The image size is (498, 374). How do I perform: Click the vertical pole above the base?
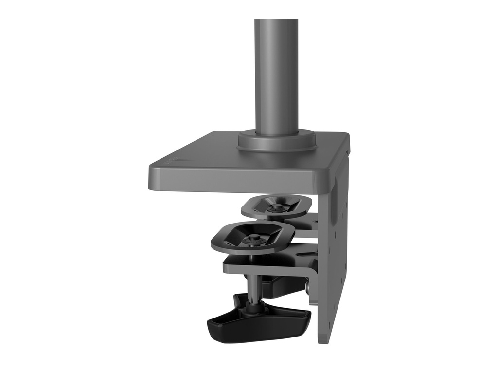pos(276,73)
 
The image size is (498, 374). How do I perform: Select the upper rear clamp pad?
pos(276,206)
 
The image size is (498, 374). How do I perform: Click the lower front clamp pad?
pos(253,237)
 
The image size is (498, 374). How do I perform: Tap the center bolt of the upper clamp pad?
pos(277,208)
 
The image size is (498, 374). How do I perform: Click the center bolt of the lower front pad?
pos(253,240)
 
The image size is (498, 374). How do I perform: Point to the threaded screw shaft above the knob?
pos(253,287)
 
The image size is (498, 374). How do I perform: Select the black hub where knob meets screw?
pos(254,306)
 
